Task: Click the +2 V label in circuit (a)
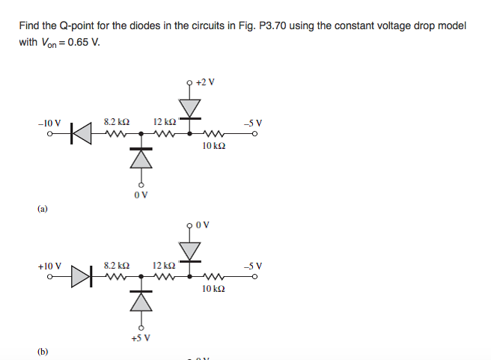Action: click(x=204, y=82)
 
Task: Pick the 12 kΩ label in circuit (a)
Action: click(x=164, y=122)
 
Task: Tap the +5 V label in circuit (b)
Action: click(x=140, y=338)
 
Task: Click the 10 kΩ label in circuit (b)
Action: click(x=213, y=288)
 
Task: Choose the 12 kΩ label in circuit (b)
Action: click(x=164, y=266)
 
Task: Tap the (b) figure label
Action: click(x=43, y=351)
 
